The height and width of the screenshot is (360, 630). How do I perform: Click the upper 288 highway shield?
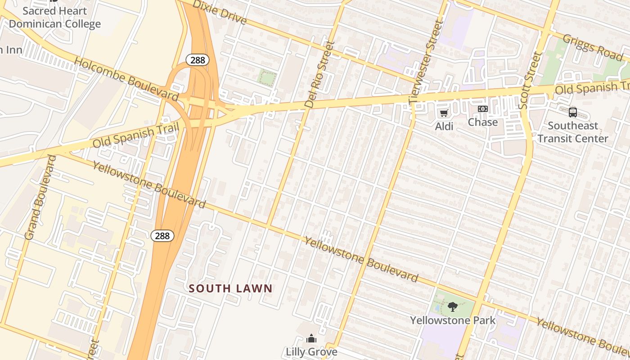click(198, 60)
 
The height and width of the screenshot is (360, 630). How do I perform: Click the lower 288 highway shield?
click(162, 235)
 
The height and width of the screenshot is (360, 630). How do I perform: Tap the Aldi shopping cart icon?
click(444, 113)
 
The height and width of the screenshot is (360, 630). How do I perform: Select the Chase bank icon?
click(482, 109)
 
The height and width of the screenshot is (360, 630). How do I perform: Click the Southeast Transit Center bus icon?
click(572, 112)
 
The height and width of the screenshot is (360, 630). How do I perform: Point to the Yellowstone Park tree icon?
click(452, 307)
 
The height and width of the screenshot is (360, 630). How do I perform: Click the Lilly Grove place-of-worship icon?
click(311, 338)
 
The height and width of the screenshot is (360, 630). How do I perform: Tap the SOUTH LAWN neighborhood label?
click(230, 288)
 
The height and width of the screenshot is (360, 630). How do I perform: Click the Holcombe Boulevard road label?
click(126, 79)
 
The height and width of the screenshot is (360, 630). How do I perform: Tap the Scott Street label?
click(529, 81)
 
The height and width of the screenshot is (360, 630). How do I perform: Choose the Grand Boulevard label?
click(40, 197)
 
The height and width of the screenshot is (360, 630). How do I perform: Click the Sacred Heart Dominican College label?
click(54, 17)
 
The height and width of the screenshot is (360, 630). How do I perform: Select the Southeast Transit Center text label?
click(572, 132)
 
